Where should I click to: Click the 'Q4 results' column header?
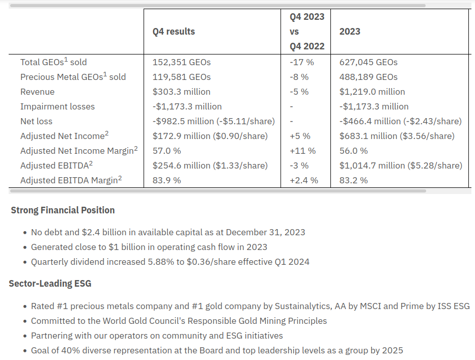tap(174, 32)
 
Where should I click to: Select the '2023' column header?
tap(350, 32)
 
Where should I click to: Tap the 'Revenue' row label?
tap(37, 92)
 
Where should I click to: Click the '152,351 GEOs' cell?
tap(181, 62)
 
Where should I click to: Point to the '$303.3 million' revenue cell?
tap(181, 92)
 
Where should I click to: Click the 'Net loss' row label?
tap(36, 121)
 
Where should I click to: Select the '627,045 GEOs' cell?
tap(369, 62)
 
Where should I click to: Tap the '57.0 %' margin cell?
tap(166, 151)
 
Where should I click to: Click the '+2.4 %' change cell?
tap(304, 180)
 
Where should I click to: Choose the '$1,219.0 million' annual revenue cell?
tap(372, 92)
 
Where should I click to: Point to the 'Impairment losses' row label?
tap(58, 106)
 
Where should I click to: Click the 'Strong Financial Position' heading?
tap(63, 210)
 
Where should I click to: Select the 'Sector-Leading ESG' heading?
tap(50, 284)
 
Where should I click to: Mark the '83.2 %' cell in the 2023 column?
tap(353, 180)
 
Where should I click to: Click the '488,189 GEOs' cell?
tap(369, 77)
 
